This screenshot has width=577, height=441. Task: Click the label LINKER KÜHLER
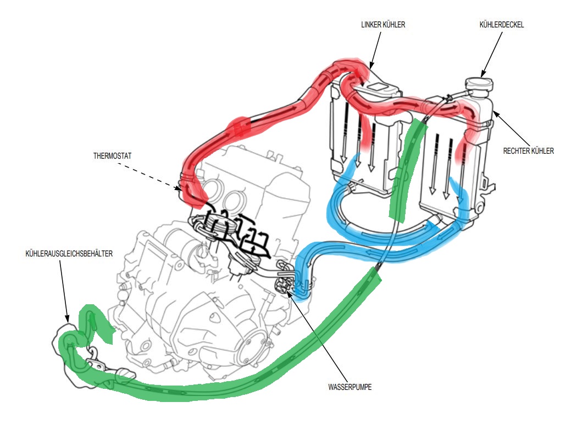[x=383, y=25]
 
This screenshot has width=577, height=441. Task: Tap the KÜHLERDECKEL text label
[x=501, y=25]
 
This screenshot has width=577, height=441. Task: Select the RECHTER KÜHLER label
[x=529, y=150]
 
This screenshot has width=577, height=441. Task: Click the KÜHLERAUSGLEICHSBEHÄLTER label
[x=69, y=254]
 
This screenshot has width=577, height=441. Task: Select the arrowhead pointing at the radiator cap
[x=483, y=73]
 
